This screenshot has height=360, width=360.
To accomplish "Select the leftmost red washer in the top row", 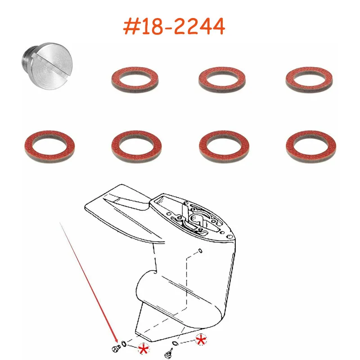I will coord(131,80).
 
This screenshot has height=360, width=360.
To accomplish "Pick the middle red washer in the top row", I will coord(219,80).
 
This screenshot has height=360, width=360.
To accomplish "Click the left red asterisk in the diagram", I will coord(143,349).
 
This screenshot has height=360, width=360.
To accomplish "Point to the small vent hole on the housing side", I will coord(200,251).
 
